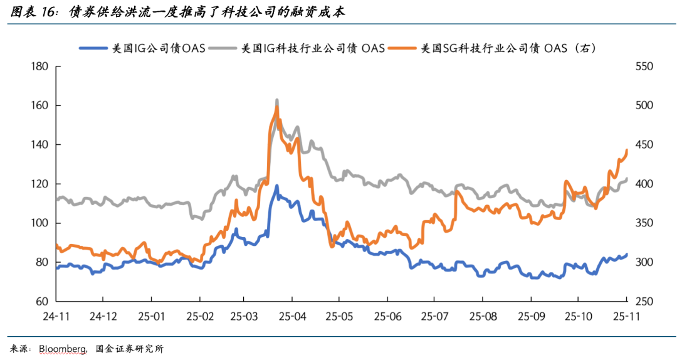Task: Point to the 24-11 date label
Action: point(57,317)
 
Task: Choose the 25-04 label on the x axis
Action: point(293,317)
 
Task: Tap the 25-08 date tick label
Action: point(481,317)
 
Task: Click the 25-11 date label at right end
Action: point(625,317)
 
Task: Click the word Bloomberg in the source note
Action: point(62,349)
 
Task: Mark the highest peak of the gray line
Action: point(277,100)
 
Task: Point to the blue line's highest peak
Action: point(276,186)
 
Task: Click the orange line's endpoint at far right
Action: point(627,151)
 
